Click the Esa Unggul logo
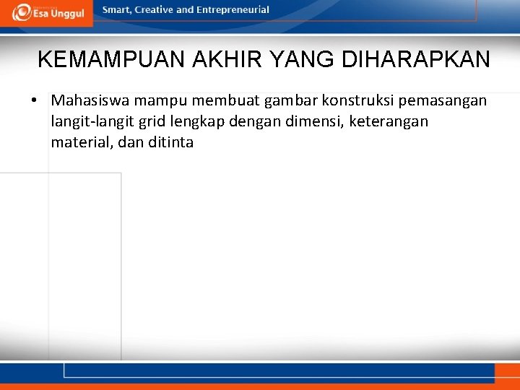tap(48, 12)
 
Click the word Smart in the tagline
tap(118, 10)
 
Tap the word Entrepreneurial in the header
tap(233, 10)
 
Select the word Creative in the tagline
tap(156, 10)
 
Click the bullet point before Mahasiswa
tap(35, 100)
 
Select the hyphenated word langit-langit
tap(90, 122)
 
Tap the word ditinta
tap(170, 142)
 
